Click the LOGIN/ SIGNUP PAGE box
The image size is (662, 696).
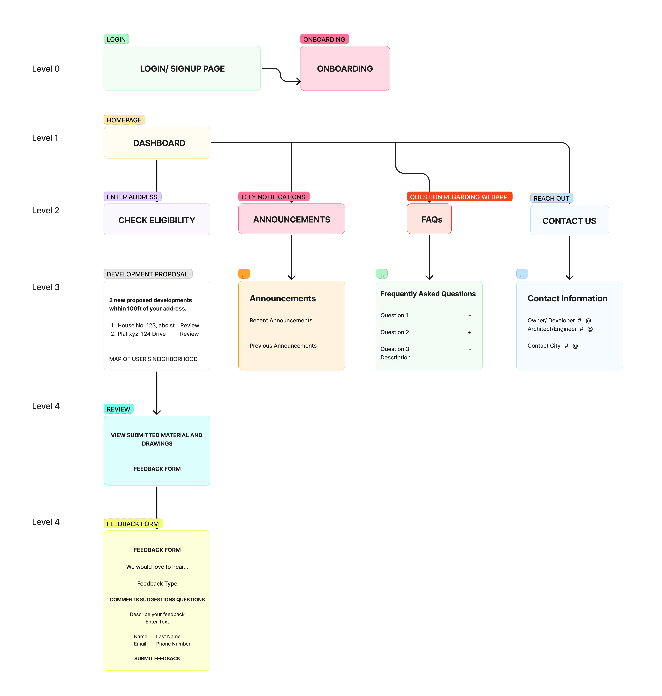[x=182, y=68]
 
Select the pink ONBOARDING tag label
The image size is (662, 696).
[x=324, y=39]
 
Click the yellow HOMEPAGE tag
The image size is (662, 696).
[x=124, y=120]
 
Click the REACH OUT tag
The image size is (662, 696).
[x=552, y=198]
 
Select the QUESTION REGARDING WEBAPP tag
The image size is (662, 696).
[x=459, y=197]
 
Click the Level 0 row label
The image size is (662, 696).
[x=46, y=69]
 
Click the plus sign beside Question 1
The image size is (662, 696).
[x=470, y=316]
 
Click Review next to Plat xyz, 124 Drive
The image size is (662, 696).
[x=190, y=334]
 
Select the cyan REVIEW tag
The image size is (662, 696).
[x=119, y=409]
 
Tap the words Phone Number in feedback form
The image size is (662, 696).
[x=173, y=644]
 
